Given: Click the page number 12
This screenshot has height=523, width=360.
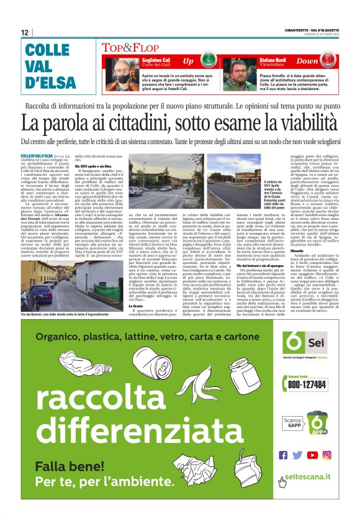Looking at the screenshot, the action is pyautogui.click(x=24, y=33).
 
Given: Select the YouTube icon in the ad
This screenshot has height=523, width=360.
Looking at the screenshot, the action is pyautogui.click(x=312, y=454).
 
